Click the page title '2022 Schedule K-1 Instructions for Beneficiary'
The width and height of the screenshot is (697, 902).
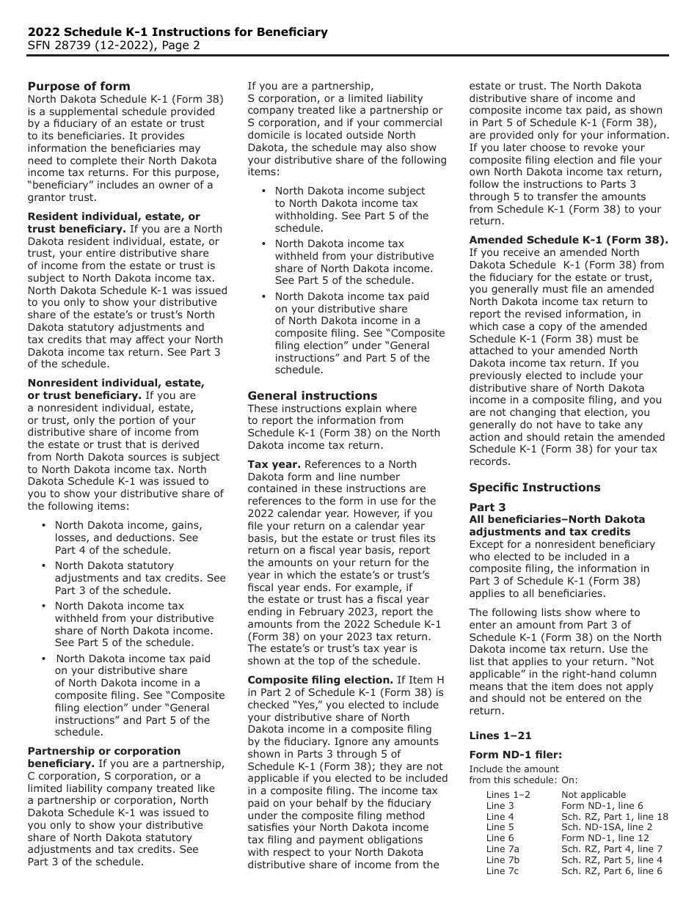point(178,32)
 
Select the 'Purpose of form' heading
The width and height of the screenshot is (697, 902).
point(79,87)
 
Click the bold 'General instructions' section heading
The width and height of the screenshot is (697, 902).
point(312,395)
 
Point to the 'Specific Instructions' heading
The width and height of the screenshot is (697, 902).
point(534,488)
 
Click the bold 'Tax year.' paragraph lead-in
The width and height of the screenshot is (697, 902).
point(274,464)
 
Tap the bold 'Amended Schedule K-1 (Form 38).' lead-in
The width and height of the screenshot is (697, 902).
point(569,240)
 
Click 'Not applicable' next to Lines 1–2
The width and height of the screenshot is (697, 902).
point(594,794)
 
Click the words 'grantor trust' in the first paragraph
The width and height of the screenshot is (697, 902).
point(62,197)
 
